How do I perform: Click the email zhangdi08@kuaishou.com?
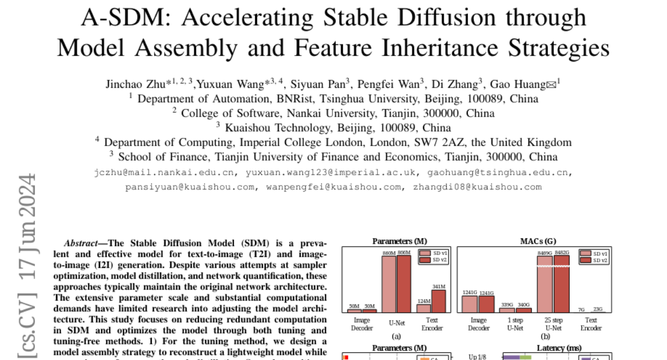point(477,187)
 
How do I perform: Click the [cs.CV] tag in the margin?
point(27,328)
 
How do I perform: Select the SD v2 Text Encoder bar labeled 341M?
point(439,301)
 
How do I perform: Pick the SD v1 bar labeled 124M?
point(424,308)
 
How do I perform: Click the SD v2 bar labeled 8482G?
point(561,283)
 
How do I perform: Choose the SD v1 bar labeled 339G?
point(506,310)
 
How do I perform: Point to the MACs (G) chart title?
point(533,241)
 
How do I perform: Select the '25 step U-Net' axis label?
point(554,323)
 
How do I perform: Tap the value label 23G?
point(598,309)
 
